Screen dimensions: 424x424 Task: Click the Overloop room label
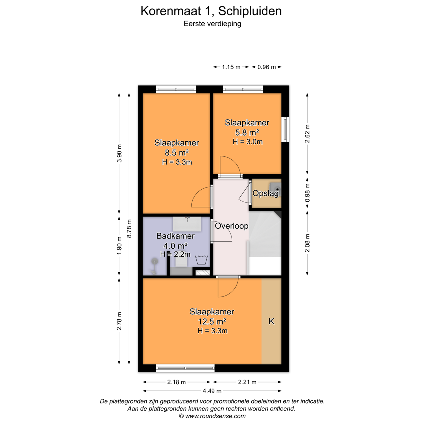pos(231,226)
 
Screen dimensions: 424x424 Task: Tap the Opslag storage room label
pos(266,193)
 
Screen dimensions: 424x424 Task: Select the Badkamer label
pos(175,236)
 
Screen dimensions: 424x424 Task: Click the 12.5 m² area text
pos(212,322)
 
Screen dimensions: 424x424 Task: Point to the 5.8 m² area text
pos(247,132)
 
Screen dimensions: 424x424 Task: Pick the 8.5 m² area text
pos(177,152)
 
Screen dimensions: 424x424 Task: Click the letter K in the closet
pos(271,321)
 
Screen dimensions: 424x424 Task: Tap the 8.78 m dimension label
pos(129,228)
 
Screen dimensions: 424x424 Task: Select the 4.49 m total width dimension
pos(212,391)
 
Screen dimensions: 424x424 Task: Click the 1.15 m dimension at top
pos(231,67)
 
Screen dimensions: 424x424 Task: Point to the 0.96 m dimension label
pos(266,67)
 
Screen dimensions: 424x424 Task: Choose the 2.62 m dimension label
pos(307,134)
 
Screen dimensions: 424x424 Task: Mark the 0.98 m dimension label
pos(307,193)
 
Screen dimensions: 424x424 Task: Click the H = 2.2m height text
pos(175,254)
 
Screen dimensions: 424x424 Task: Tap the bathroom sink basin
pos(187,224)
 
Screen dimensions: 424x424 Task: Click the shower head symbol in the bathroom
pos(155,261)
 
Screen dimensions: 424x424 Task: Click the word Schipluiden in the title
pos(250,11)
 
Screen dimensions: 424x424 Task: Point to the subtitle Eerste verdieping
pos(212,24)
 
